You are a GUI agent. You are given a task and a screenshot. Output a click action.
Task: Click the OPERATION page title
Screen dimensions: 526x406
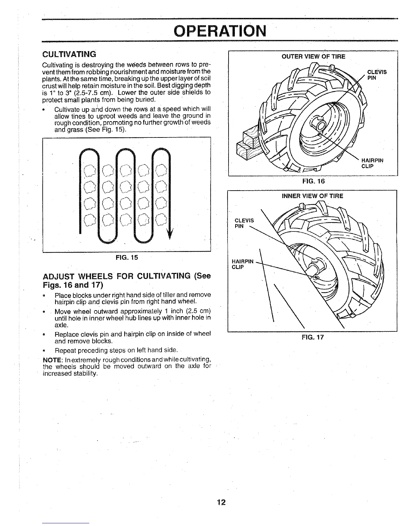(220, 31)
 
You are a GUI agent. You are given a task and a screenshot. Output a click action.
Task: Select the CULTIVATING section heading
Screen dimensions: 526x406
(69, 54)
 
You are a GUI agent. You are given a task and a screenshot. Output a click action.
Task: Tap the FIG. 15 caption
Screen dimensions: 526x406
(127, 257)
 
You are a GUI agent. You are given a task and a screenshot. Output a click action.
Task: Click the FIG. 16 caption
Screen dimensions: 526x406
(313, 181)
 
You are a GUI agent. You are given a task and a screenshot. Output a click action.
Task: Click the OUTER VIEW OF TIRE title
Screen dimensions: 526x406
(313, 56)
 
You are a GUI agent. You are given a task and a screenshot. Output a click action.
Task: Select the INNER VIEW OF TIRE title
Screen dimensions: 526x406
(312, 196)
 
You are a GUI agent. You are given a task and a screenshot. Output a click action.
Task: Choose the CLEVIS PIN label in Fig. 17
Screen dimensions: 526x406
(244, 223)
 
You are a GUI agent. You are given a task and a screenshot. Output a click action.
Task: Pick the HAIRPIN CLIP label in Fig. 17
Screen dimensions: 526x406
(242, 264)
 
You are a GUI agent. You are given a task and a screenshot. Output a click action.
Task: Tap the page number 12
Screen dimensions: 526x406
(222, 502)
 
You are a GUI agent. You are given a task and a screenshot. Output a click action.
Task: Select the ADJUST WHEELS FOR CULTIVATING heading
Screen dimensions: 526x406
(127, 281)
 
